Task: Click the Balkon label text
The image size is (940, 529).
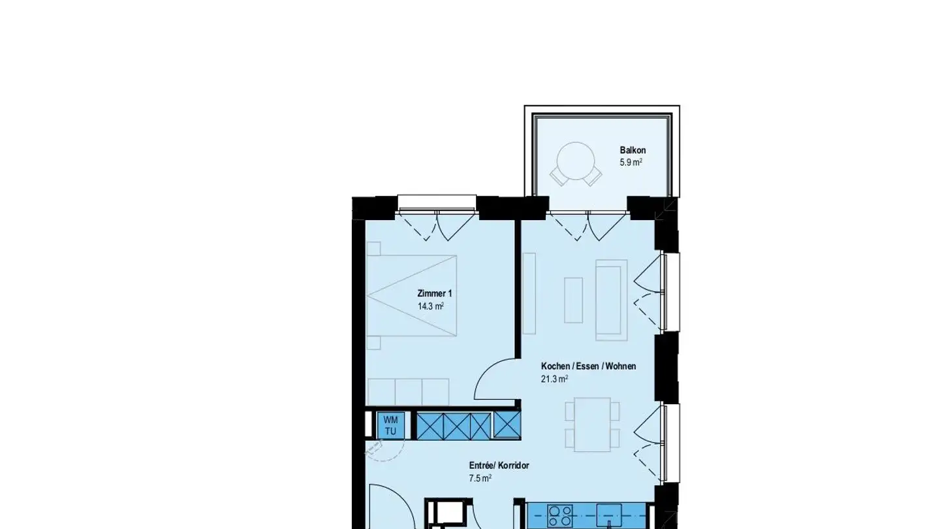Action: tap(633, 150)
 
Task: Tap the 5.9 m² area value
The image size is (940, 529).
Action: tap(631, 163)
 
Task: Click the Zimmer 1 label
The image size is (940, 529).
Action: tap(434, 294)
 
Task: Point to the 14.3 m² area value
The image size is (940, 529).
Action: tap(431, 306)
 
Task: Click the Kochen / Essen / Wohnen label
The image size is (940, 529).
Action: tap(588, 366)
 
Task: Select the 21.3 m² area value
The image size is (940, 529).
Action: tap(554, 379)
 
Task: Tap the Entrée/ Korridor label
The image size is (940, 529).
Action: tap(499, 466)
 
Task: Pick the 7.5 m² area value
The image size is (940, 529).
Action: tap(480, 478)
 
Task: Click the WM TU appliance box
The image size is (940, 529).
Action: tap(390, 426)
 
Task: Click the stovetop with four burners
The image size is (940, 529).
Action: tap(560, 516)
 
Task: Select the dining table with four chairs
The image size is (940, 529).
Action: tap(592, 425)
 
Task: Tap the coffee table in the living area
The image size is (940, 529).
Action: tap(573, 300)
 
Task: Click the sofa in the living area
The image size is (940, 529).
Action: tap(611, 300)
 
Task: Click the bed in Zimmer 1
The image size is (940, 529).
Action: tap(411, 295)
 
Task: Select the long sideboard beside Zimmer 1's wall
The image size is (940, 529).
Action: tap(529, 294)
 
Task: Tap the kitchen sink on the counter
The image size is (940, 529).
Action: tap(609, 516)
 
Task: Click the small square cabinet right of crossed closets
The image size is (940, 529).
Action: tap(507, 426)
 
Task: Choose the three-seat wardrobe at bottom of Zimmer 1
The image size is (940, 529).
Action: tap(408, 392)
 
